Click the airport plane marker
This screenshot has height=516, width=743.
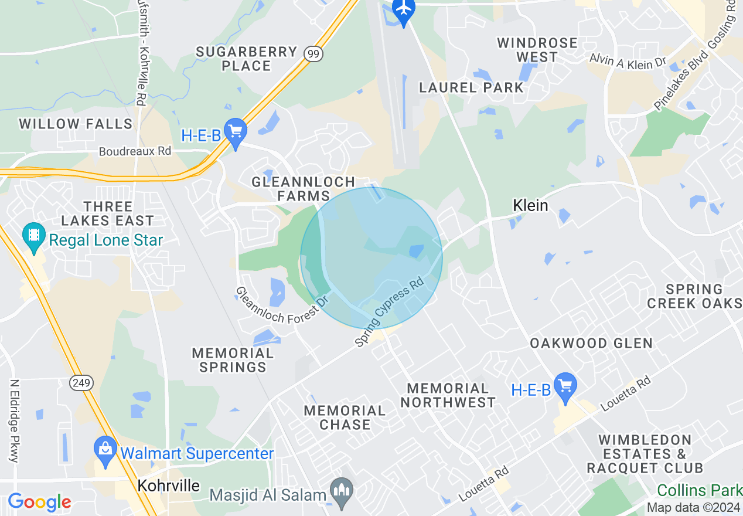(404, 9)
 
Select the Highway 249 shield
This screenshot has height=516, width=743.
(80, 383)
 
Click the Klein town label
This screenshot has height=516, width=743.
(530, 205)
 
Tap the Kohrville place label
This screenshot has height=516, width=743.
(169, 486)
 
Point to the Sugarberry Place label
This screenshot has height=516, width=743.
(246, 59)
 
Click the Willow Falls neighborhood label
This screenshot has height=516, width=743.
(76, 124)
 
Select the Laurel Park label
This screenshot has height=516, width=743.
(472, 88)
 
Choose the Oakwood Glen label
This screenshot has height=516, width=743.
(591, 343)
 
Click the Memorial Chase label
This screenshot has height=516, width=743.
(345, 417)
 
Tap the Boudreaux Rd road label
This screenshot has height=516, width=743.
(135, 151)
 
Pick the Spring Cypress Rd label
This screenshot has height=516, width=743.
(390, 311)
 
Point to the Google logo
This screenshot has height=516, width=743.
(39, 502)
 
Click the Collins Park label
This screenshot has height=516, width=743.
(700, 490)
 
